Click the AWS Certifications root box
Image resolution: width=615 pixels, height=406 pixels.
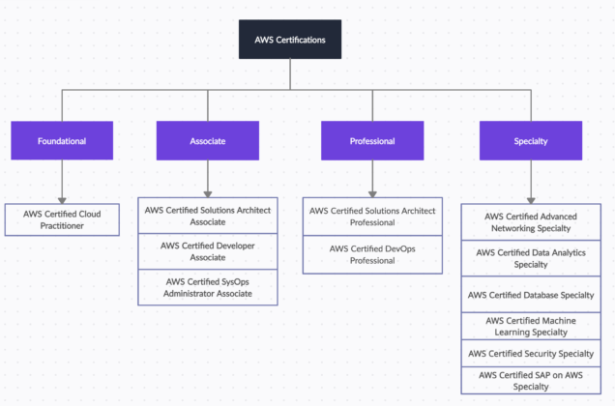click(x=290, y=40)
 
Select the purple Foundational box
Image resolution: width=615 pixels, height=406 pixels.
click(x=62, y=141)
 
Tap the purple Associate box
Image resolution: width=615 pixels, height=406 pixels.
click(x=208, y=141)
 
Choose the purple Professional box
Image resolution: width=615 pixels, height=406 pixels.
click(x=372, y=141)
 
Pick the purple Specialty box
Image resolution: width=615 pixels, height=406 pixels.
click(x=531, y=141)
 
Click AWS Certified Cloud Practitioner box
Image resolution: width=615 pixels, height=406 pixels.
click(x=62, y=218)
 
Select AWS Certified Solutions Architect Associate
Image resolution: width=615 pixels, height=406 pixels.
click(x=208, y=215)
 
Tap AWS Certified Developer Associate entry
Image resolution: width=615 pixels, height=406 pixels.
click(x=208, y=251)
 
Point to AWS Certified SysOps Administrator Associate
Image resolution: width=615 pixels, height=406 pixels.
click(x=208, y=287)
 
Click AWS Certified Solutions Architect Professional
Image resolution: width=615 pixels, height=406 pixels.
click(x=372, y=217)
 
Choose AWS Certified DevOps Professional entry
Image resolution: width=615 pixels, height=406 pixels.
click(x=372, y=254)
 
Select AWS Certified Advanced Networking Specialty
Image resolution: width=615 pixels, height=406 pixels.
click(x=531, y=222)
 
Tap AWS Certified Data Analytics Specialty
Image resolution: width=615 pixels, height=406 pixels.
click(x=531, y=258)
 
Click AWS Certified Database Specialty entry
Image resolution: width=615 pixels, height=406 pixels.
click(x=531, y=295)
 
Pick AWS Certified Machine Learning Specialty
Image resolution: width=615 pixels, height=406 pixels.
click(x=531, y=326)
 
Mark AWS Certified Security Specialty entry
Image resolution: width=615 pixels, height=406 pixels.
click(x=531, y=354)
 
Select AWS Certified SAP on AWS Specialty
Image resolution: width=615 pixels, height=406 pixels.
click(x=531, y=380)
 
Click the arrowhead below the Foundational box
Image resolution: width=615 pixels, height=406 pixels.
click(x=62, y=196)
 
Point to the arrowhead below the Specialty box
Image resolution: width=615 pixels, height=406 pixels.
click(x=531, y=196)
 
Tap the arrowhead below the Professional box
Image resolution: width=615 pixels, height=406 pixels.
click(x=372, y=192)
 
